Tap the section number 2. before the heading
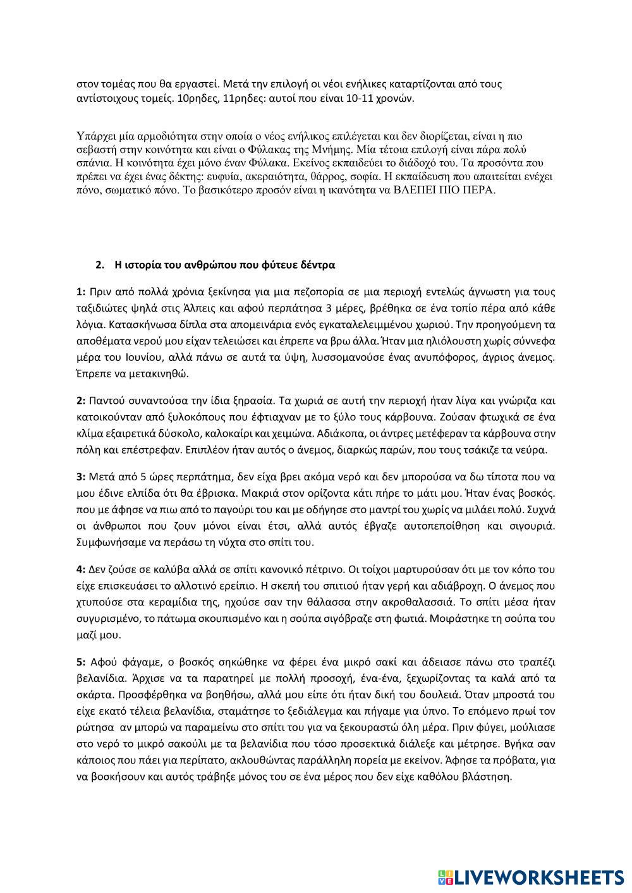100,265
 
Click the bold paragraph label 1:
81,291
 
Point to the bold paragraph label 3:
81,476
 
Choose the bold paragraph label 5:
81,662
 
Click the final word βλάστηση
487,777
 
